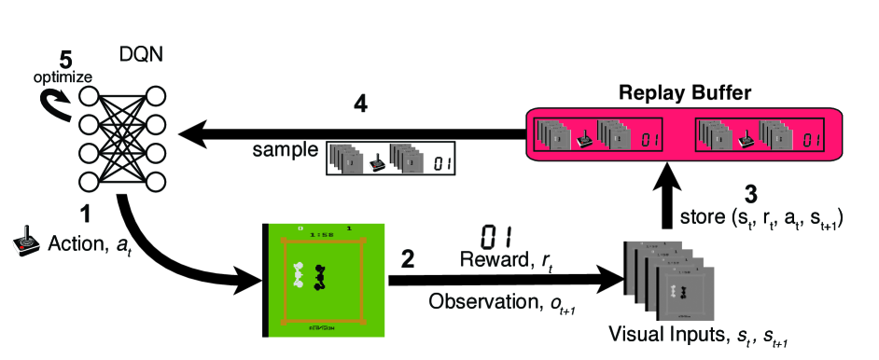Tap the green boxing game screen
[320, 280]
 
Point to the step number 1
[85, 216]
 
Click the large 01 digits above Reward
[496, 234]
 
